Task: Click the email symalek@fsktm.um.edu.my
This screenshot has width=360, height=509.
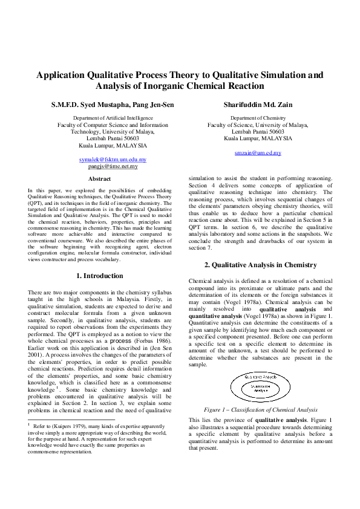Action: coord(113,160)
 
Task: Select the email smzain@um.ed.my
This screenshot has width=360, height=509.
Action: coord(258,153)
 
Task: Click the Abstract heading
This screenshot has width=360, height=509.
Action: coord(99,179)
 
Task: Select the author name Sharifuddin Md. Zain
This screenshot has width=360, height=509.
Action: coord(258,105)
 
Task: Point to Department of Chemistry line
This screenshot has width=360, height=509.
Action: coord(258,118)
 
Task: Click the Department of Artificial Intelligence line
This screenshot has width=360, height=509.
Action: coord(113,118)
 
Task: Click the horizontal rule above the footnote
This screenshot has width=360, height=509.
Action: coord(71,419)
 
